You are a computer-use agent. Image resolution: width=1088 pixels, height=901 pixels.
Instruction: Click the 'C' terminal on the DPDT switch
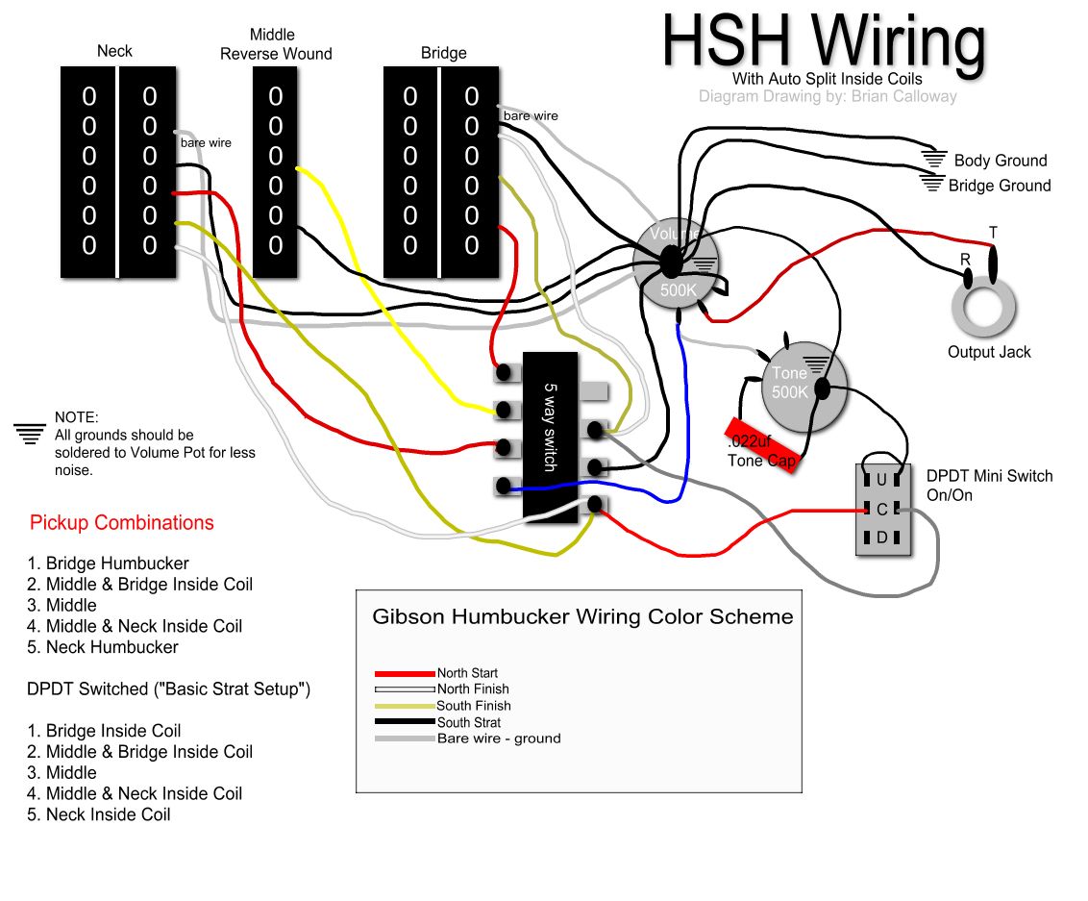[881, 509]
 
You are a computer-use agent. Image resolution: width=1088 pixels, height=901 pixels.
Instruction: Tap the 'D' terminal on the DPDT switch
[881, 537]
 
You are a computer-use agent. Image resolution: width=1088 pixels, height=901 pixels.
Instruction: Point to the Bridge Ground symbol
[930, 183]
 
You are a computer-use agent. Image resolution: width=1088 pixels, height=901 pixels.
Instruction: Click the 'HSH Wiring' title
[824, 40]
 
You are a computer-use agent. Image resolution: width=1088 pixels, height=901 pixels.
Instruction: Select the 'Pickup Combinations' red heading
[122, 523]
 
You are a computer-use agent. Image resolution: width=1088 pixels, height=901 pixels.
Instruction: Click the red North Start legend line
[405, 673]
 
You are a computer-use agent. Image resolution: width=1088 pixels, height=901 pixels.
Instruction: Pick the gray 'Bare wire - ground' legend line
[405, 738]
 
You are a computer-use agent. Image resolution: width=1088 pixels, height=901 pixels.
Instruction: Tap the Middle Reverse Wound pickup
[276, 172]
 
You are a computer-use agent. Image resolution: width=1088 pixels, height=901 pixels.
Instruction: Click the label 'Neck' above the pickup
[114, 51]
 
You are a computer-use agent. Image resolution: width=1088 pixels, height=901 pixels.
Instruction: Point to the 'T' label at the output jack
[993, 234]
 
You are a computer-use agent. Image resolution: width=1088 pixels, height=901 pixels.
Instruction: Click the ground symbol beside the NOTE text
[30, 433]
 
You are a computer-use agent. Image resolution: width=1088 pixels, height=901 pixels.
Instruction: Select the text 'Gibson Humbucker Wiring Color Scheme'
[582, 616]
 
